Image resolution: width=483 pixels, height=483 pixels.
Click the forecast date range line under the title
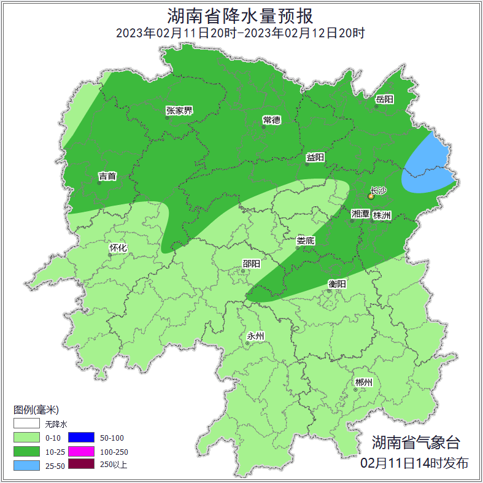[x=241, y=33]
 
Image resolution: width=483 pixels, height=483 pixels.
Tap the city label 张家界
[x=179, y=111]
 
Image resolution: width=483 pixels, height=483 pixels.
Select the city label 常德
[x=271, y=119]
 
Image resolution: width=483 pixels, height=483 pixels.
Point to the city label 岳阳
[x=385, y=99]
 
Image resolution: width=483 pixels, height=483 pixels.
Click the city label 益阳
[x=315, y=158]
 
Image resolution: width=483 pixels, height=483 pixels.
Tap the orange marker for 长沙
[x=371, y=197]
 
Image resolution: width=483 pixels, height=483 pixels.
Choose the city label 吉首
[x=107, y=177]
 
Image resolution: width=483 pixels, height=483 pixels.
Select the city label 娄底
[x=305, y=241]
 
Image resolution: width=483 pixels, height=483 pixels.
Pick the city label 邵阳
[x=251, y=264]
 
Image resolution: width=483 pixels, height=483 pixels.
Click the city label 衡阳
[x=338, y=284]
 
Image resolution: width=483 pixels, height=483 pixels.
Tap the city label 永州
[x=255, y=336]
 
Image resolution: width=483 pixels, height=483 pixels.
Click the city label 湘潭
[x=360, y=215]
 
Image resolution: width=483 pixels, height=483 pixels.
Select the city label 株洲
[x=382, y=215]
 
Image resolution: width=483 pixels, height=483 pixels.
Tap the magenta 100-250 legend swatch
[x=81, y=451]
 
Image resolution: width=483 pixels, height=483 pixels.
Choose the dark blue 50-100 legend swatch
[x=81, y=438]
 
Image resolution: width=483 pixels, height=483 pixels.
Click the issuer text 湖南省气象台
[x=415, y=442]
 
